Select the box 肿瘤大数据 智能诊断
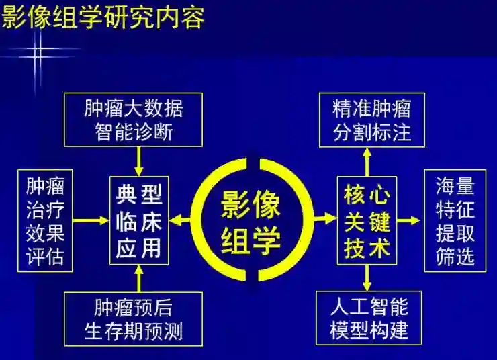pyautogui.click(x=134, y=119)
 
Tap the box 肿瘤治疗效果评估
pyautogui.click(x=45, y=220)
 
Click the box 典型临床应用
pyautogui.click(x=139, y=220)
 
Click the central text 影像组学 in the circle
pyautogui.click(x=252, y=220)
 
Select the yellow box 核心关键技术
pyautogui.click(x=367, y=220)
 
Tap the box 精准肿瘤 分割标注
pyautogui.click(x=371, y=119)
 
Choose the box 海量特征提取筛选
pyautogui.click(x=455, y=220)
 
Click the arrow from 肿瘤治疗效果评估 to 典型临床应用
pyautogui.click(x=91, y=220)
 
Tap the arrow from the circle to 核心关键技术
pyautogui.click(x=325, y=219)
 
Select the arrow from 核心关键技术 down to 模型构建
pyautogui.click(x=367, y=277)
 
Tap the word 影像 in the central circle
pyautogui.click(x=252, y=203)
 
